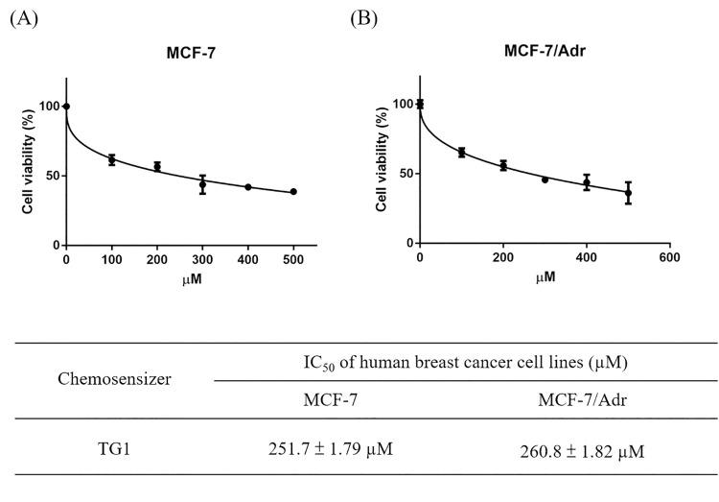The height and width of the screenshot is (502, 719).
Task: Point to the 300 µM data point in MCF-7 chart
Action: point(202,184)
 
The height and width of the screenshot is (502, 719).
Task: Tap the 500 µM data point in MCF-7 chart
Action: point(293,192)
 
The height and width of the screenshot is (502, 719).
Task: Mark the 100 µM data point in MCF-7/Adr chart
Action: point(461,152)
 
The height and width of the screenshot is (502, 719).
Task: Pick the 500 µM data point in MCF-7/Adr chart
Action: point(628,193)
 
